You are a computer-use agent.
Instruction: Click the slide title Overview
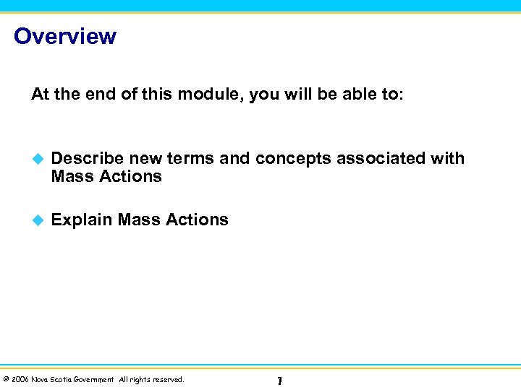(64, 36)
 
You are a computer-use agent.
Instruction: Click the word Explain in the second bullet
(81, 220)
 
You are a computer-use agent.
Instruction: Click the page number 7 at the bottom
(279, 381)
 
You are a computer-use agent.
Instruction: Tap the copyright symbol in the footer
(6, 379)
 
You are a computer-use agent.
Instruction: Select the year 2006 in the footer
(20, 379)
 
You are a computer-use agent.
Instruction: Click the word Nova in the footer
(41, 379)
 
